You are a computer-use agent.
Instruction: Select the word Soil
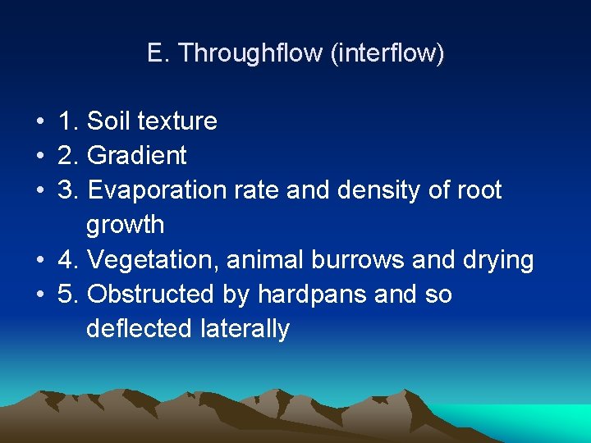click(x=108, y=121)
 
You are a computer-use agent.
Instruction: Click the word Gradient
click(x=136, y=156)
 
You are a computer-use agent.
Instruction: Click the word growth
click(x=125, y=225)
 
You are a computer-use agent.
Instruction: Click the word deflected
click(x=140, y=329)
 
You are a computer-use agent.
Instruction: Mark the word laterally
click(x=245, y=329)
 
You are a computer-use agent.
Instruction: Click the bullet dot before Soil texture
click(x=39, y=122)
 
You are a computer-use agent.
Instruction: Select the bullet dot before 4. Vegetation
click(x=39, y=261)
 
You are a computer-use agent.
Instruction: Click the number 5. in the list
click(x=68, y=295)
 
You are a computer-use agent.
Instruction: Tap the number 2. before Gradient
click(x=68, y=156)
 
